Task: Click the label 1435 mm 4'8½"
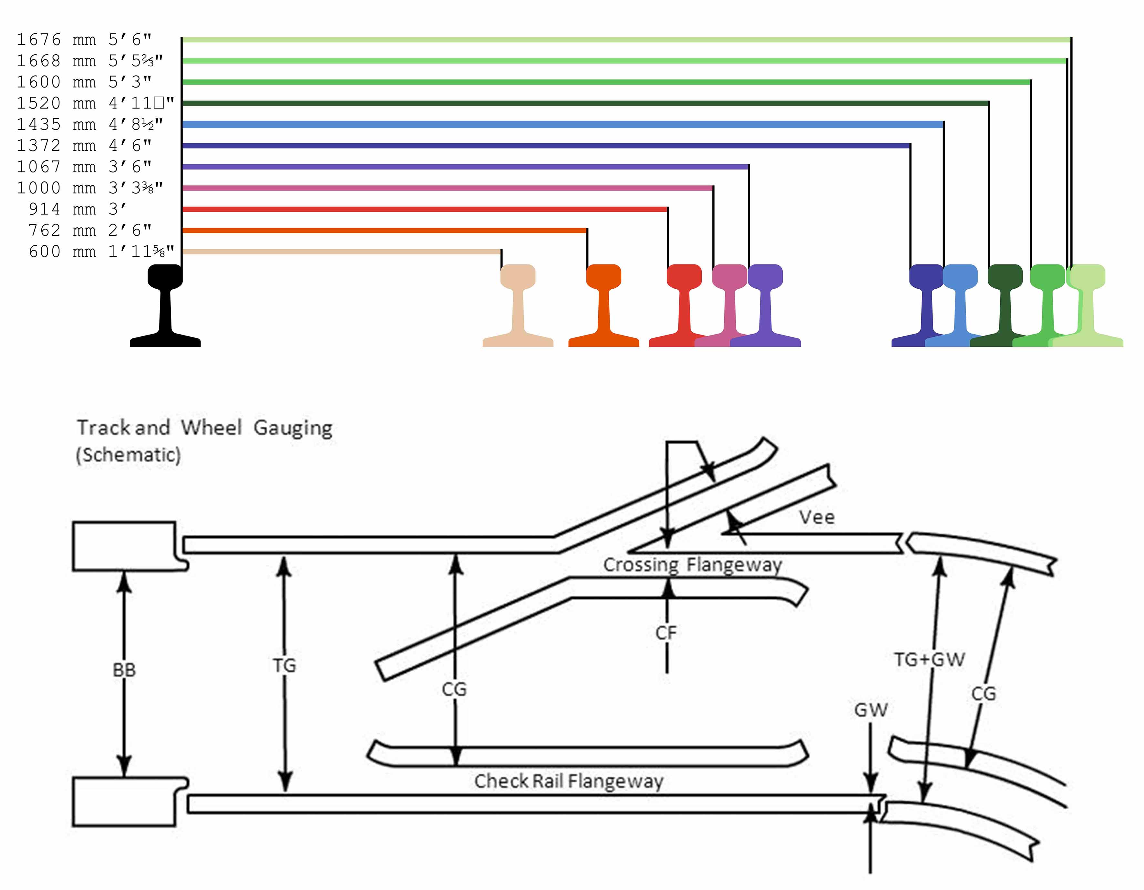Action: [x=89, y=124]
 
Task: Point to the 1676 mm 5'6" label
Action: [x=84, y=39]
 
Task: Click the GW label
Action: [x=871, y=710]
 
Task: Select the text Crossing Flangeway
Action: [x=693, y=565]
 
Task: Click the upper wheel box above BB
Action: [x=124, y=546]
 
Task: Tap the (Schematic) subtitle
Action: [x=128, y=455]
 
